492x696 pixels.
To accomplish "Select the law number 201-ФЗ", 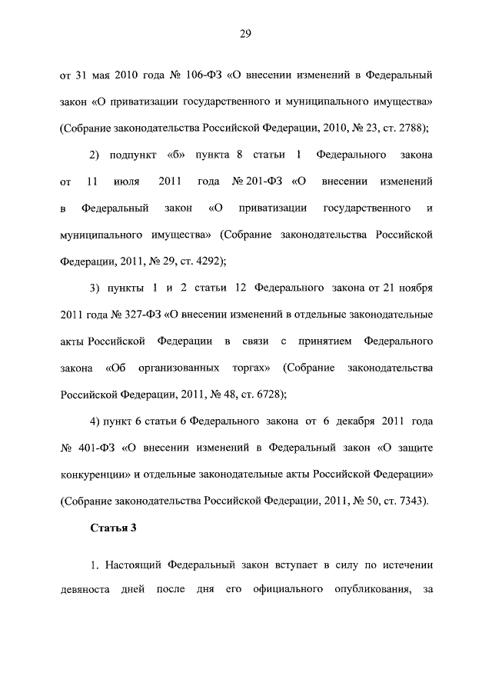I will point(264,181).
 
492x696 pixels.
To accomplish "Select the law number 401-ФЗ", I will point(96,448).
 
